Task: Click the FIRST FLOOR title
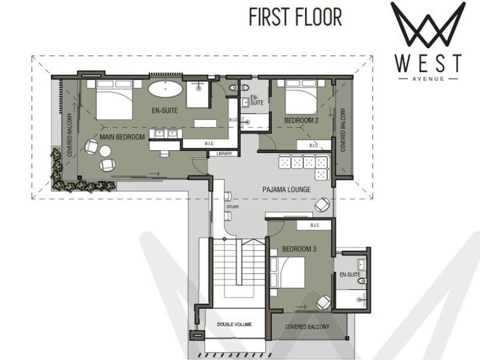295,17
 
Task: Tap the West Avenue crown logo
428,25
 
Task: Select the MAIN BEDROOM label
123,137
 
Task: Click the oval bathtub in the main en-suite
166,91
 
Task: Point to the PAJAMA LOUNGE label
286,190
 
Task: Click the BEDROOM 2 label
301,121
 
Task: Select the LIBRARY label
223,154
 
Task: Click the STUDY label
233,207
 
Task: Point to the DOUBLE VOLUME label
234,325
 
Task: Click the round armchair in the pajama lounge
322,205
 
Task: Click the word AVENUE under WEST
428,77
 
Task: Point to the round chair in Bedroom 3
323,302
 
